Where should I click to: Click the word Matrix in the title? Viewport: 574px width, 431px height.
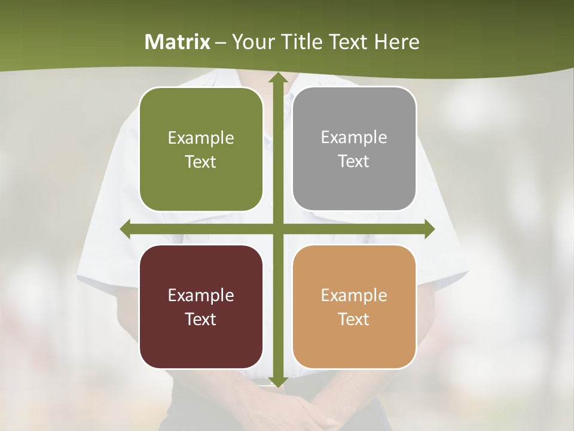178,42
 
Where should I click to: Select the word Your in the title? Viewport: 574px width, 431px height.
252,42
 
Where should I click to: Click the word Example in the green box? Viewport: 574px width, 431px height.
201,138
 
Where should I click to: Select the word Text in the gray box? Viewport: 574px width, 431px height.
354,162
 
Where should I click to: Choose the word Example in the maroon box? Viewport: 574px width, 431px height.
201,296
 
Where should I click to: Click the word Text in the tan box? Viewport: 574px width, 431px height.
354,319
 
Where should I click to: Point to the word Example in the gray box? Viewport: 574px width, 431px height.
354,138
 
